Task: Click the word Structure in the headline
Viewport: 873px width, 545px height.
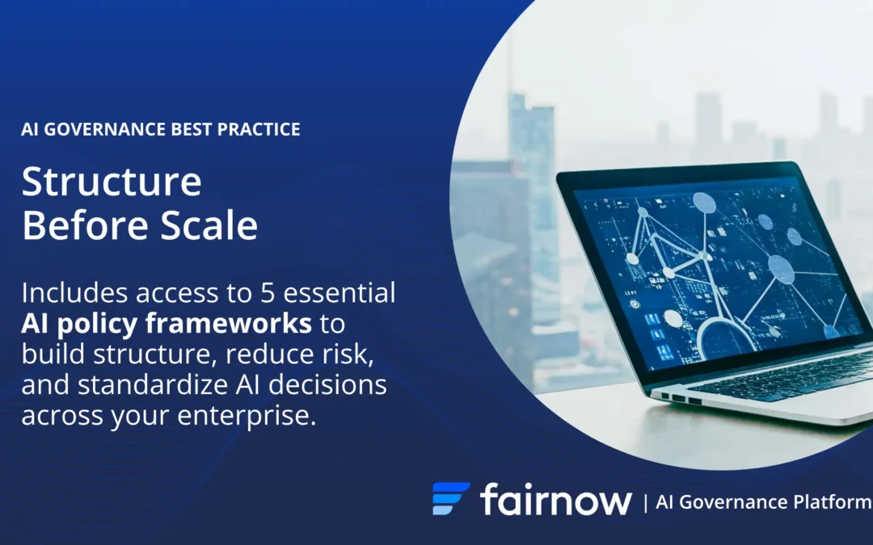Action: tap(112, 182)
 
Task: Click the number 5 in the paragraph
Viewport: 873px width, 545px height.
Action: tap(268, 293)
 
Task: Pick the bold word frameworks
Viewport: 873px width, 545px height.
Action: tap(228, 323)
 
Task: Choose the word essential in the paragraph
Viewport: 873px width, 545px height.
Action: tap(339, 293)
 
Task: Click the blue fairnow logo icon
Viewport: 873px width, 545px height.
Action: tap(451, 498)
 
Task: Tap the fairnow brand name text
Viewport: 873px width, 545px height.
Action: tap(555, 499)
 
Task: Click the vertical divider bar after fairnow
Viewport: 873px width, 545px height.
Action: tap(645, 503)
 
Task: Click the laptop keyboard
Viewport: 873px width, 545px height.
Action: tap(791, 376)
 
